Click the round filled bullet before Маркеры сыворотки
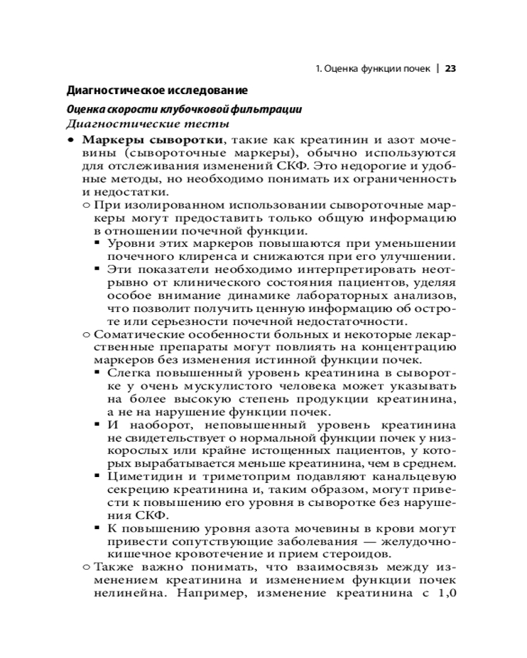[x=70, y=141]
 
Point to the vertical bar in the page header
[x=437, y=68]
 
